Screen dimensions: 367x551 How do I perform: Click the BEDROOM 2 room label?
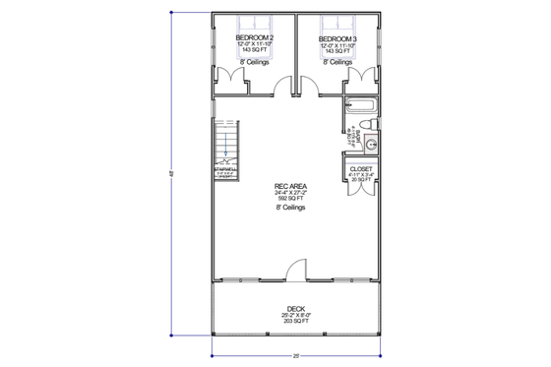point(254,38)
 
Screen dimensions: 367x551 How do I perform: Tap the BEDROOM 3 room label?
point(337,38)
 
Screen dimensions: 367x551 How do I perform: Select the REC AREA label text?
point(288,185)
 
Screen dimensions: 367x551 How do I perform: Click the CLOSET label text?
point(360,168)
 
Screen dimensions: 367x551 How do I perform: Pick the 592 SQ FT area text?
point(288,198)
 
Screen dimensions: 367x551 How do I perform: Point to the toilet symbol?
point(366,123)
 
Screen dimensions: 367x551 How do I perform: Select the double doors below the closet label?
point(360,190)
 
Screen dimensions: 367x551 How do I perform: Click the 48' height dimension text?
point(173,175)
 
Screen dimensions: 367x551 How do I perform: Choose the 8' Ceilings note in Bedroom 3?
point(337,61)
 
